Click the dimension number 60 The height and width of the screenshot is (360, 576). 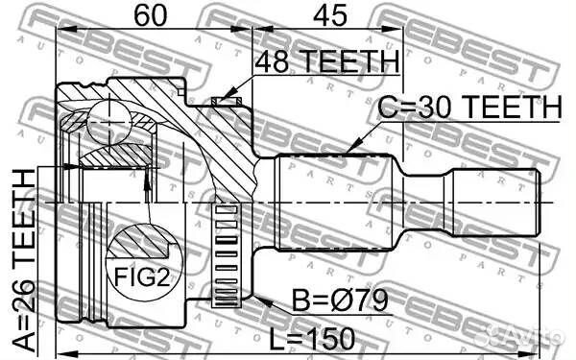pos(151,15)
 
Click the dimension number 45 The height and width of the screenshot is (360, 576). pos(329,15)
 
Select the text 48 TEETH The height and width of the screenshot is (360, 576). pos(326,61)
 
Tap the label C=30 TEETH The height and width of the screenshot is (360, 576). pos(469,107)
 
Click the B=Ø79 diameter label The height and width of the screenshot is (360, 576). pos(340,300)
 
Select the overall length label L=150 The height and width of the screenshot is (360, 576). pos(312,339)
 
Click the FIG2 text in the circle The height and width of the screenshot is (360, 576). pos(142,276)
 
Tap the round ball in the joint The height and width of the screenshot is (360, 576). pos(108,123)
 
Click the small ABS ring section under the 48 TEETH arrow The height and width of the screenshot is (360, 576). pos(227,101)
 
